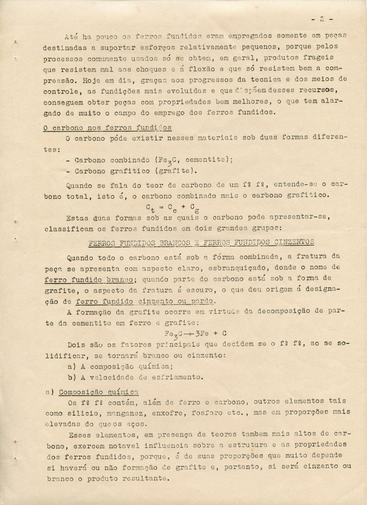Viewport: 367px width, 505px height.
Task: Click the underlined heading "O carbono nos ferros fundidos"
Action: (107, 128)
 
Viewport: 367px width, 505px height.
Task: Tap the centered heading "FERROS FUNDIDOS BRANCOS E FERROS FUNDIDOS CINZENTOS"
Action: (201, 243)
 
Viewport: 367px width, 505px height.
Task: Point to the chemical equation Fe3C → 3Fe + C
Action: (195, 333)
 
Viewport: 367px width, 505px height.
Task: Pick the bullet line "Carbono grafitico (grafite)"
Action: (129, 171)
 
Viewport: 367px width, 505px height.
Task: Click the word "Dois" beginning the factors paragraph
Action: (75, 345)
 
